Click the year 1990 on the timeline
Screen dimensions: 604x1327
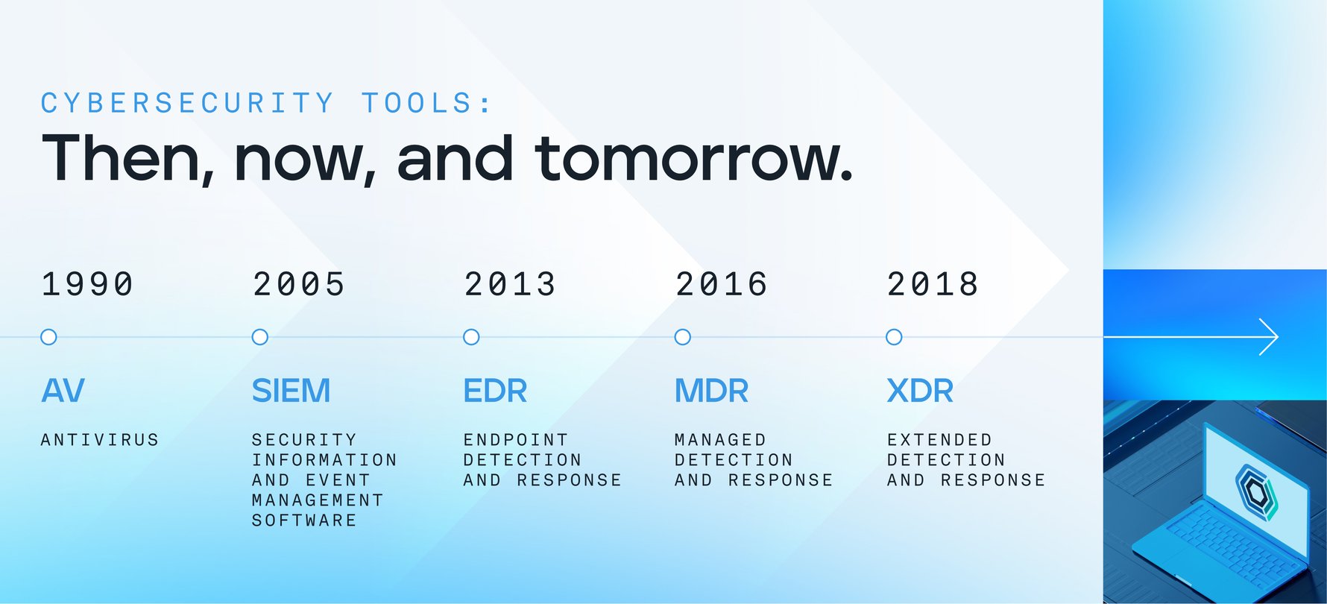pyautogui.click(x=87, y=284)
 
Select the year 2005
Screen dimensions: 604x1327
pyautogui.click(x=299, y=284)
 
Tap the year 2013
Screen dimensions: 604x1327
pyautogui.click(x=510, y=284)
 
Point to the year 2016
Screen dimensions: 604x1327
pyautogui.click(x=721, y=284)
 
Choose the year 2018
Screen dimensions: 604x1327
pyautogui.click(x=933, y=284)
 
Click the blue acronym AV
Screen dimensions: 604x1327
pyautogui.click(x=63, y=391)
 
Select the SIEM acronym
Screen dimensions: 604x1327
pyautogui.click(x=291, y=391)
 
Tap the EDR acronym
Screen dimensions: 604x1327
pyautogui.click(x=495, y=391)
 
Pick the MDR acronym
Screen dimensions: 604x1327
pyautogui.click(x=711, y=391)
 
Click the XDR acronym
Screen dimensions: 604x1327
pyautogui.click(x=920, y=391)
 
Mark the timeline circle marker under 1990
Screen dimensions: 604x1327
pyautogui.click(x=48, y=337)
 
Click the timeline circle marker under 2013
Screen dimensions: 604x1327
pyautogui.click(x=471, y=337)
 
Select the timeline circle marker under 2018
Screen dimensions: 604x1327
pyautogui.click(x=894, y=337)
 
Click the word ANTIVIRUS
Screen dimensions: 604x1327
pyautogui.click(x=100, y=440)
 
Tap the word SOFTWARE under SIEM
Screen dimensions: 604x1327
pyautogui.click(x=304, y=520)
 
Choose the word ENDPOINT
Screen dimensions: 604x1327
pyautogui.click(x=516, y=440)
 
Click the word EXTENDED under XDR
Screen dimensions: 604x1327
pyautogui.click(x=939, y=440)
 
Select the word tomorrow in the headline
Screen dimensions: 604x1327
pyautogui.click(x=693, y=159)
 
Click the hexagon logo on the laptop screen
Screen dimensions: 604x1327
pyautogui.click(x=1257, y=491)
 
